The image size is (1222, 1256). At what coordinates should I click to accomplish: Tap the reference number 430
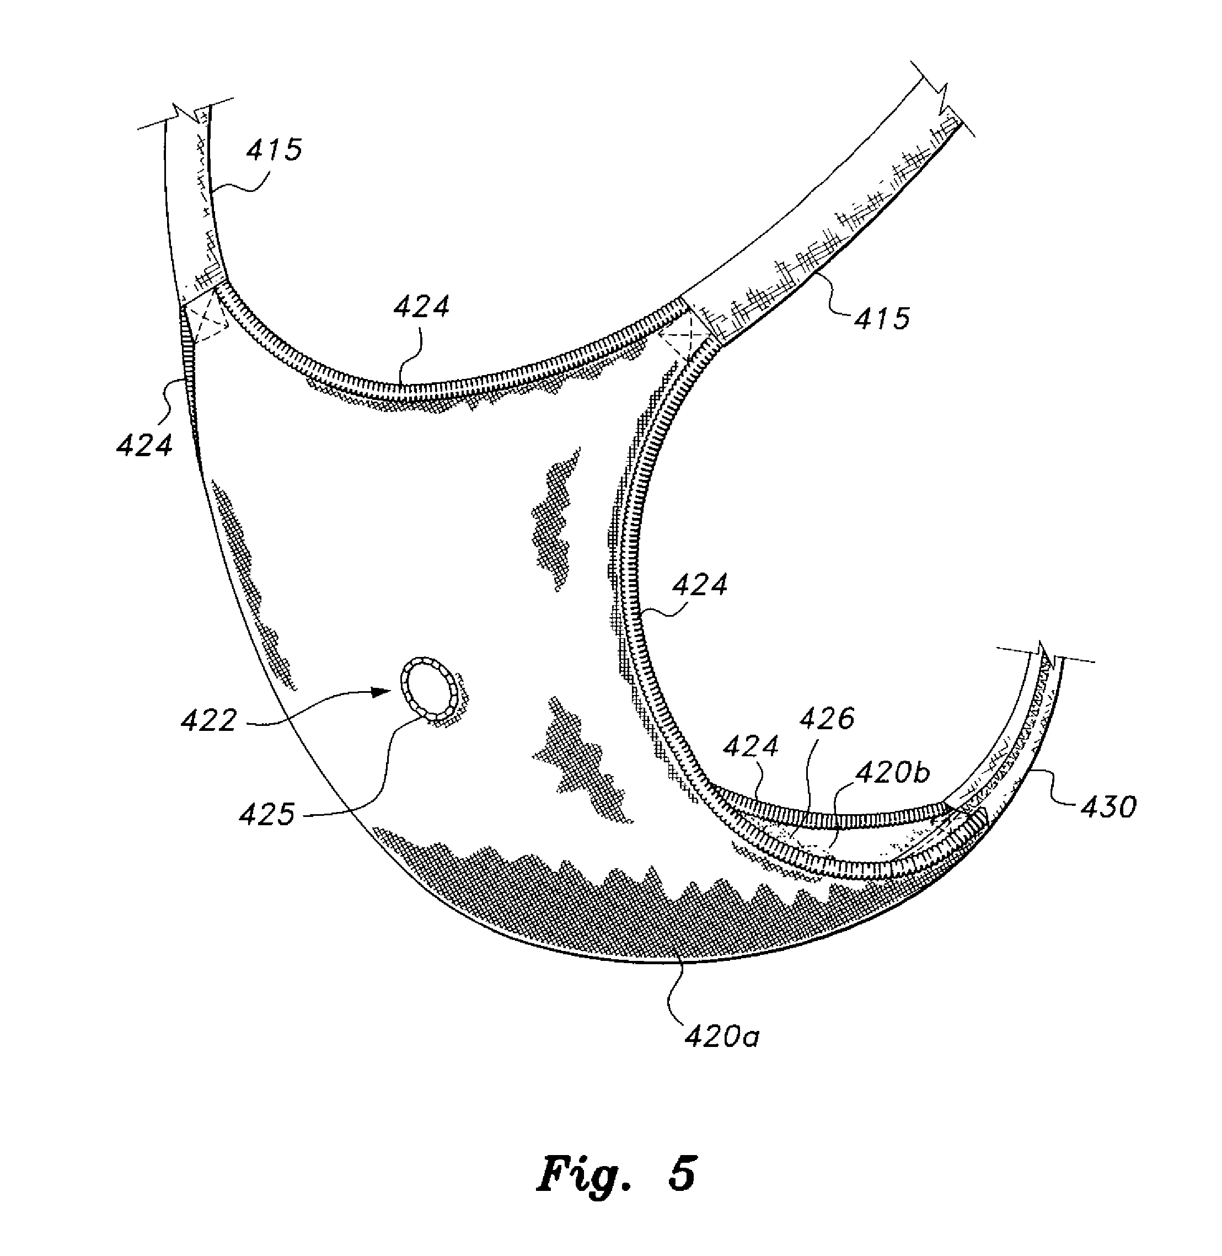point(1108,807)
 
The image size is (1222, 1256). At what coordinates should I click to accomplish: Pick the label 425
point(267,815)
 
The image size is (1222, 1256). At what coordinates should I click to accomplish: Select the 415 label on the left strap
point(274,149)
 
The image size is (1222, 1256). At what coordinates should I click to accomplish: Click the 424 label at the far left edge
point(144,445)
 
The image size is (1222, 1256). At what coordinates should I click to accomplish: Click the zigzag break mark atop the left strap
point(185,114)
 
